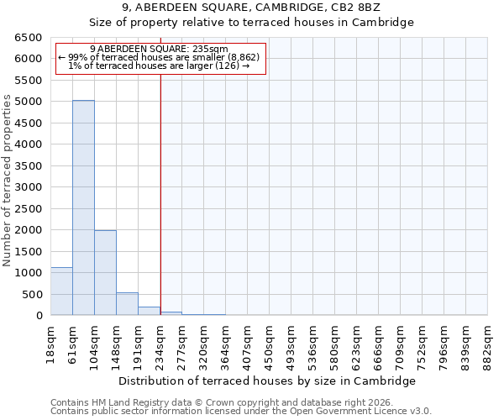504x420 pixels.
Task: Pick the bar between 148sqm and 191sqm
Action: [x=127, y=303]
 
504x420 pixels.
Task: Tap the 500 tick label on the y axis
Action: [x=32, y=294]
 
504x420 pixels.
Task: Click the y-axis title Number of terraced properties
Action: [x=8, y=180]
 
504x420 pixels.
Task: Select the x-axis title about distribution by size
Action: [x=269, y=381]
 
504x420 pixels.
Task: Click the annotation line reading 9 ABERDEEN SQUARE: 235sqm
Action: [x=159, y=50]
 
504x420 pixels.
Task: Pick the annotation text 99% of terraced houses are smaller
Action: [x=159, y=57]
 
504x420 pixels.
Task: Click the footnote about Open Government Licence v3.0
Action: [x=241, y=411]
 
